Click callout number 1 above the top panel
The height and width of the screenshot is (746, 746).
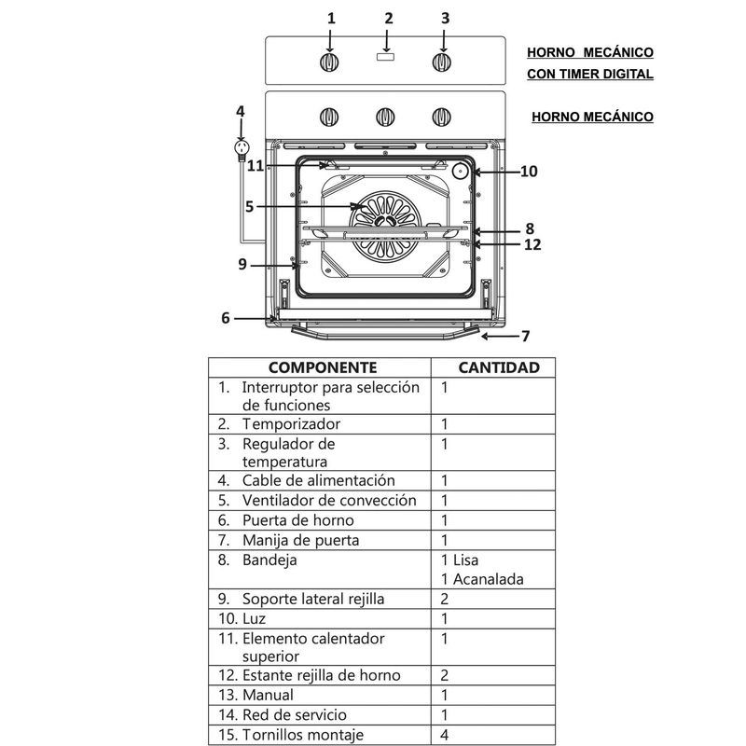[x=330, y=18]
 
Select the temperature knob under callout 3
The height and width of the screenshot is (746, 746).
[x=442, y=62]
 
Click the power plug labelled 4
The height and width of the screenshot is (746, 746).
[x=242, y=149]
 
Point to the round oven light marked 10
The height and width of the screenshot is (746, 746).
[x=461, y=171]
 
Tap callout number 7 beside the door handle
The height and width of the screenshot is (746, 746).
[x=525, y=336]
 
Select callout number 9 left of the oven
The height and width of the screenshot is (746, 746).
[x=242, y=264]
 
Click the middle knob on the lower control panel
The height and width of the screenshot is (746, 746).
[x=384, y=117]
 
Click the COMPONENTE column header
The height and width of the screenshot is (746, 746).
[x=323, y=367]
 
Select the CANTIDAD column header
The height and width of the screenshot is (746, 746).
[x=498, y=367]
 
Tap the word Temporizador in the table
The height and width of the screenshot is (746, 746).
[x=291, y=424]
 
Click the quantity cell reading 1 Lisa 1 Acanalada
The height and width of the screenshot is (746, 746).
[x=481, y=570]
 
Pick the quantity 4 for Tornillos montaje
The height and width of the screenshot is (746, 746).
[x=446, y=734]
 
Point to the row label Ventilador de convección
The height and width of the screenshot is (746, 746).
[x=328, y=501]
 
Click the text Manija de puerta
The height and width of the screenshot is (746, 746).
[x=300, y=540]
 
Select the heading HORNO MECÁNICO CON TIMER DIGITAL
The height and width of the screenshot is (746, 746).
[x=589, y=63]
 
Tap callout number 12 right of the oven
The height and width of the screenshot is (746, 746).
[x=532, y=245]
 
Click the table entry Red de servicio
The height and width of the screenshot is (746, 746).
[x=295, y=714]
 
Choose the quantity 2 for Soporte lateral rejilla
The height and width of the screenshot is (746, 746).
[x=446, y=599]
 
